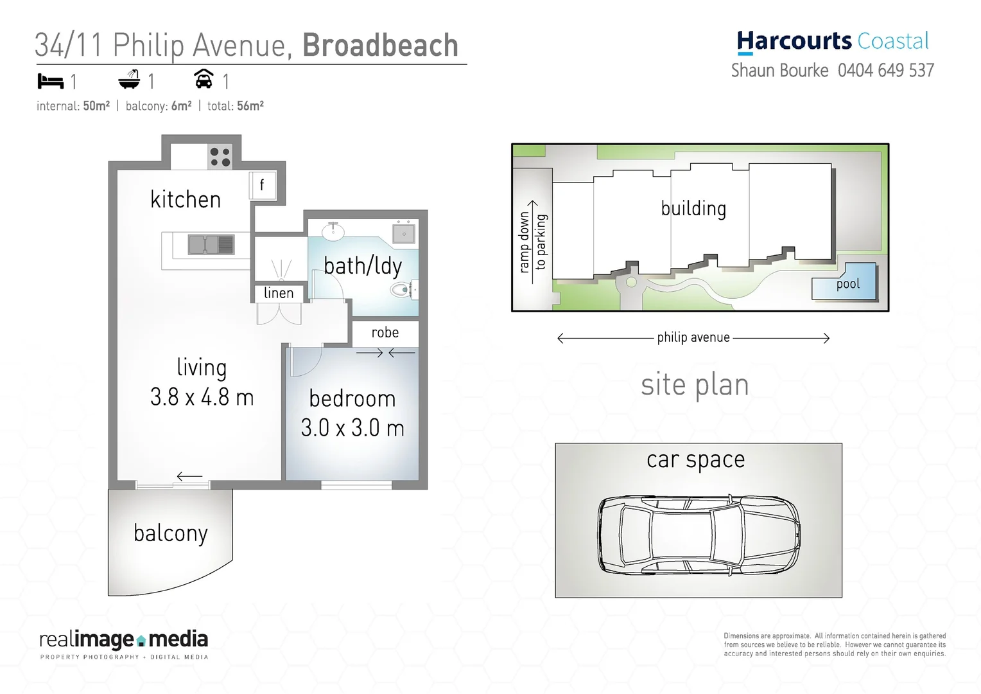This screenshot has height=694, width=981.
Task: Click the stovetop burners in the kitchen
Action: (220, 157)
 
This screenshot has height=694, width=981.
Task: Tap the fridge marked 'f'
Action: (262, 186)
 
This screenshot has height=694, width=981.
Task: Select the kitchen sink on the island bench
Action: (211, 245)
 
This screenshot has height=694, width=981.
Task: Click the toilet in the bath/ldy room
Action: (402, 290)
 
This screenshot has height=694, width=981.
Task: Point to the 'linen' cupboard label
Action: (278, 293)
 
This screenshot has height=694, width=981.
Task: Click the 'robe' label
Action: (385, 333)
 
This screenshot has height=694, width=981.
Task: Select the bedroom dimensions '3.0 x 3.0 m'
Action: (352, 428)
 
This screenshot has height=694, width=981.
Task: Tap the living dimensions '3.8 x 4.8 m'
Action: (202, 397)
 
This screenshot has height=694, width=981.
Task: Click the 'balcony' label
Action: (171, 533)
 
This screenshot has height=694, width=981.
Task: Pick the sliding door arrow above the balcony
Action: (189, 476)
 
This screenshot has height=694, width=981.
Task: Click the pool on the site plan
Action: (846, 283)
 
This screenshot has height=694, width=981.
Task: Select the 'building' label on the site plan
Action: (693, 209)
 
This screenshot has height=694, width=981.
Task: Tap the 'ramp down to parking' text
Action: (532, 242)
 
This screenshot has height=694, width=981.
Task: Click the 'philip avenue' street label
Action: (693, 338)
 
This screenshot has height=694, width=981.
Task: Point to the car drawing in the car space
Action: (699, 535)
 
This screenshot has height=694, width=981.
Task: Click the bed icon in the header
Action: (51, 82)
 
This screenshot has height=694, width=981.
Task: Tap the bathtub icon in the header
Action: (129, 80)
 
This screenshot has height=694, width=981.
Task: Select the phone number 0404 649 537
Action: (885, 71)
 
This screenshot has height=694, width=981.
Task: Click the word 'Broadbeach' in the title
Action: (380, 46)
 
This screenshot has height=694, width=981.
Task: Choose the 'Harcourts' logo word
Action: (794, 41)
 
